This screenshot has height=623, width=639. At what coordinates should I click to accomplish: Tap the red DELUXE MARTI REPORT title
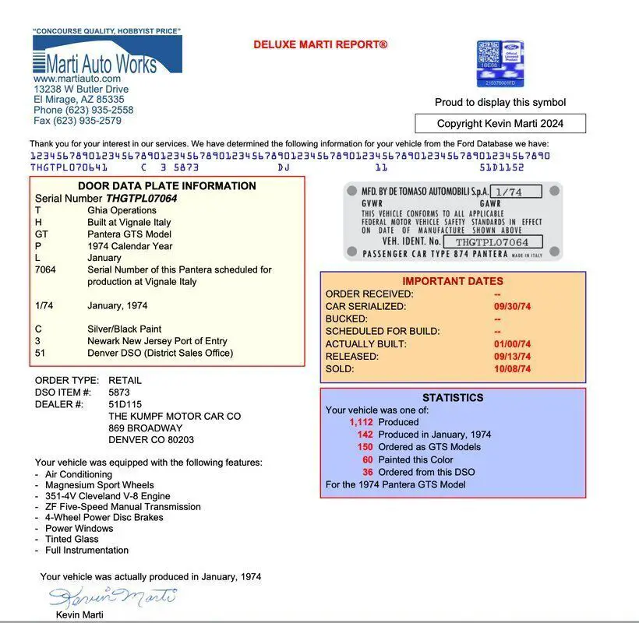pyautogui.click(x=319, y=45)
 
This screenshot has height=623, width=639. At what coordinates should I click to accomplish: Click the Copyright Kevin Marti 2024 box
pyautogui.click(x=500, y=123)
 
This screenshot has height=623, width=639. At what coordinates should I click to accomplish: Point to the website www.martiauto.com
pyautogui.click(x=77, y=79)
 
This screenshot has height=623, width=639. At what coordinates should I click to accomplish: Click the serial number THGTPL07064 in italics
pyautogui.click(x=141, y=199)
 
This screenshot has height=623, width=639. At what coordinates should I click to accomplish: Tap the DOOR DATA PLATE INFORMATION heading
pyautogui.click(x=167, y=186)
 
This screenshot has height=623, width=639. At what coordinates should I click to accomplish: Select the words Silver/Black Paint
pyautogui.click(x=125, y=329)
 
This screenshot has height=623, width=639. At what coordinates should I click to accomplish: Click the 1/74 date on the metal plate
pyautogui.click(x=507, y=192)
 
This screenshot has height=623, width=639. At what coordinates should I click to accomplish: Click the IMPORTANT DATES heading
pyautogui.click(x=453, y=281)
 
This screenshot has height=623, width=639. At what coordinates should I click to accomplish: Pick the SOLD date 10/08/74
pyautogui.click(x=512, y=369)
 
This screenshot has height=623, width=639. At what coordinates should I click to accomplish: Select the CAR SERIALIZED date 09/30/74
pyautogui.click(x=512, y=307)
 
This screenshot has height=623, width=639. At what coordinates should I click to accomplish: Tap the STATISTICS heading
pyautogui.click(x=453, y=398)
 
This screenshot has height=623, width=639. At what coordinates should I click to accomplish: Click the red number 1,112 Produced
pyautogui.click(x=361, y=422)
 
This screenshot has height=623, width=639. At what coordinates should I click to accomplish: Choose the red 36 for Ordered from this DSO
pyautogui.click(x=367, y=472)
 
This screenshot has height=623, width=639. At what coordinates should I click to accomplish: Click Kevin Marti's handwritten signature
pyautogui.click(x=112, y=597)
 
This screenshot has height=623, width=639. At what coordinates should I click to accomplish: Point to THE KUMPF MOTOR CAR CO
pyautogui.click(x=174, y=417)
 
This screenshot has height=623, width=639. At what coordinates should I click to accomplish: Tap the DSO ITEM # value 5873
pyautogui.click(x=119, y=392)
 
